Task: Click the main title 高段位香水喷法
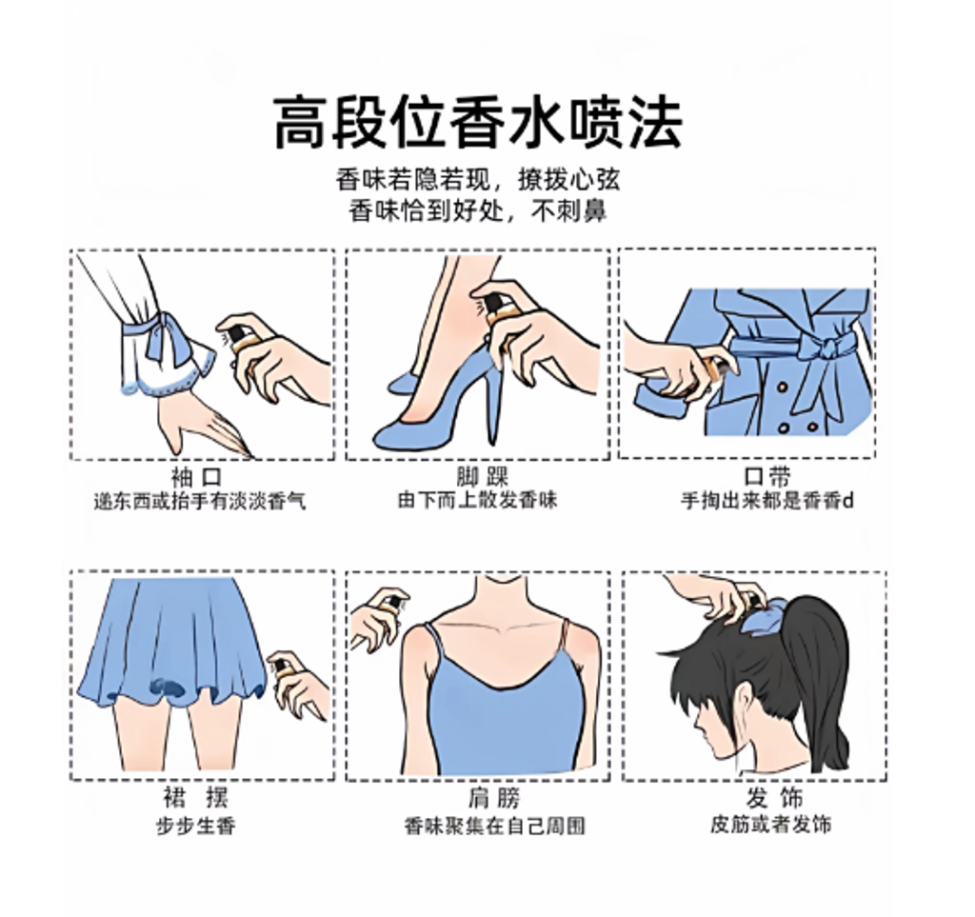coord(478,122)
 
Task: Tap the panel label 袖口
coord(197,477)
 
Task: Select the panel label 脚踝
coord(483,477)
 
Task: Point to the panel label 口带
coord(766,477)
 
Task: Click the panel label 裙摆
coord(196,797)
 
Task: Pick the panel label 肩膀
coord(494,798)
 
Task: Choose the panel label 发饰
coord(775,797)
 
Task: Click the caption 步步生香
coord(196,827)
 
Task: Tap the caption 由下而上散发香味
coord(478,501)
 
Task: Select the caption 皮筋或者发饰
coord(771,825)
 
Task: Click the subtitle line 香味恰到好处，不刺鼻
coord(478,211)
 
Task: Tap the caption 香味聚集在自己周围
coord(495,827)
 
